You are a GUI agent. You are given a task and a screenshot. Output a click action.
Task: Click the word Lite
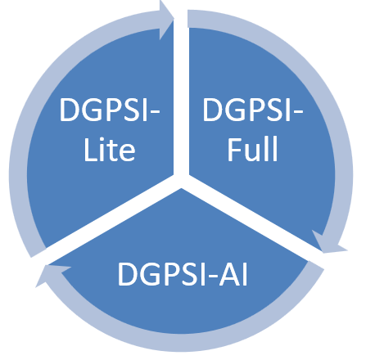110,150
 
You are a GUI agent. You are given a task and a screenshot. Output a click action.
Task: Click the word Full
252,149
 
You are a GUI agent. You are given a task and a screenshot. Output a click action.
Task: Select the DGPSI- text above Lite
109,110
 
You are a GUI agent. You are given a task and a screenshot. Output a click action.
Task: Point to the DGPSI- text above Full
252,110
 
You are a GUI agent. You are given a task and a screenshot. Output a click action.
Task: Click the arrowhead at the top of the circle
166,20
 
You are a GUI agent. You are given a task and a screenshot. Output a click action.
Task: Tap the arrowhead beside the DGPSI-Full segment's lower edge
328,244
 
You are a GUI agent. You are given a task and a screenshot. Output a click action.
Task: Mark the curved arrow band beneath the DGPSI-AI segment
180,342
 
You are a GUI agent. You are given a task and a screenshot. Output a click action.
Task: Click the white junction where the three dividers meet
181,180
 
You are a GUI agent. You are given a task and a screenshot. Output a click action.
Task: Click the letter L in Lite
90,150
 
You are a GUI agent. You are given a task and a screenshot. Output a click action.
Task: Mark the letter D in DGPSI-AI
128,274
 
